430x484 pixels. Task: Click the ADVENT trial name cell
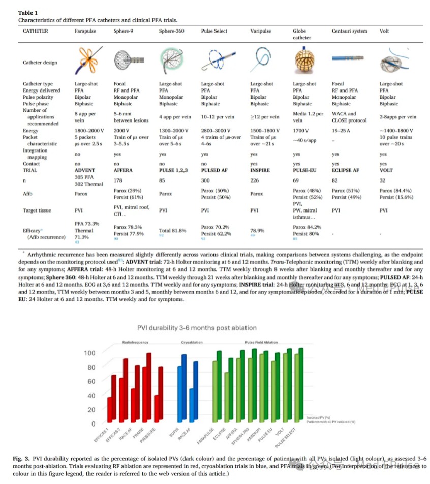85,171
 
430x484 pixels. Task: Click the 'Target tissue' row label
37,210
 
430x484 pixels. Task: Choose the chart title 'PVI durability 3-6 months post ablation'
196,328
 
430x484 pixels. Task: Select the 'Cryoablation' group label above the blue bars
192,342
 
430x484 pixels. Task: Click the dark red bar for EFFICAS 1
109,409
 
